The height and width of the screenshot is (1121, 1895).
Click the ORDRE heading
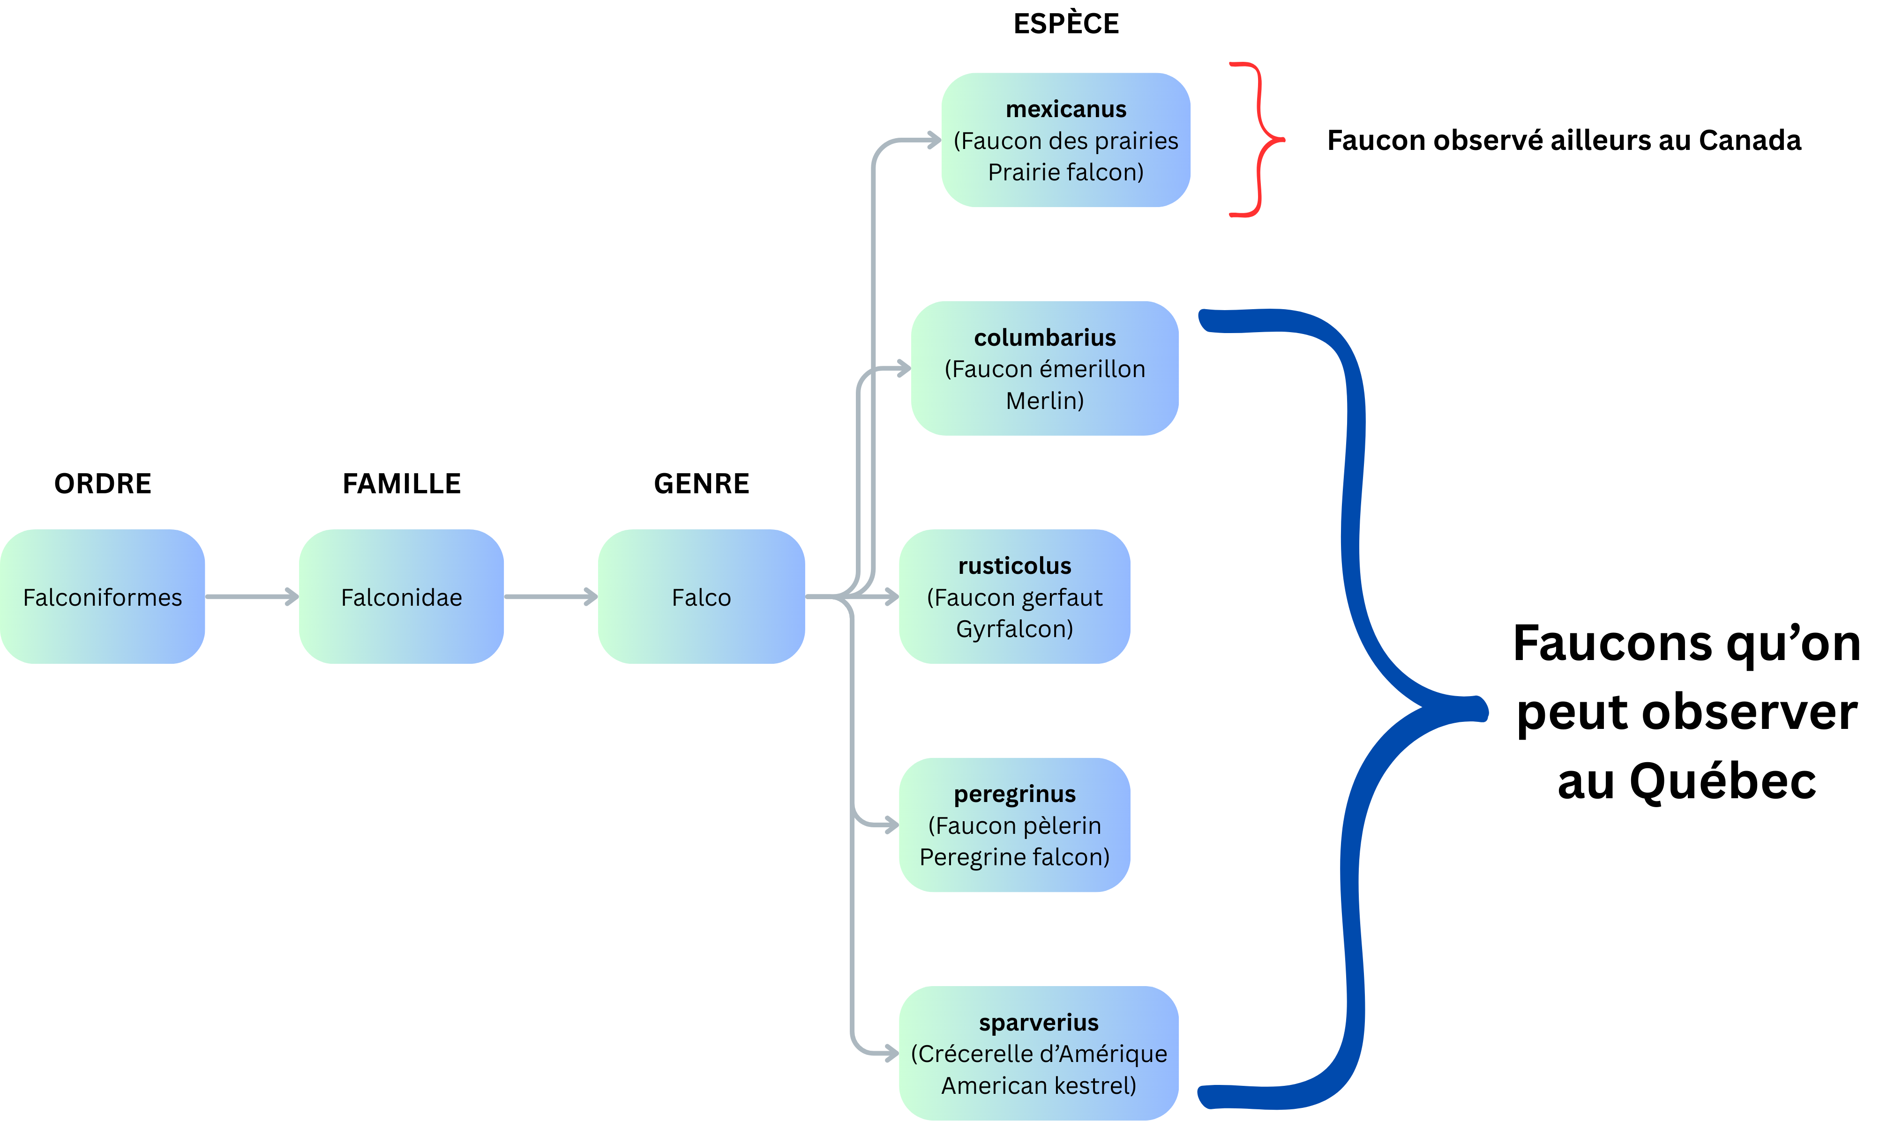click(x=103, y=483)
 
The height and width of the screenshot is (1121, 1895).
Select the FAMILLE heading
click(x=401, y=483)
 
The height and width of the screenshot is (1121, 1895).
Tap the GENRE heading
click(x=701, y=483)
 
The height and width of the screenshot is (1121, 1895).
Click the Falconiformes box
click(x=103, y=597)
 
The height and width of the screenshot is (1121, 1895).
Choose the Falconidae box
click(x=401, y=597)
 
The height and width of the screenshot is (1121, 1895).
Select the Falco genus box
click(x=701, y=597)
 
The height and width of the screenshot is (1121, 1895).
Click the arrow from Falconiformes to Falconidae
click(x=252, y=597)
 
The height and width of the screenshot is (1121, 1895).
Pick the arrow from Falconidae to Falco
click(x=551, y=597)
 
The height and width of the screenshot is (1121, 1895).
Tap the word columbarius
click(x=1044, y=338)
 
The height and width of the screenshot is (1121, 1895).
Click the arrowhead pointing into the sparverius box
click(x=891, y=1053)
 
